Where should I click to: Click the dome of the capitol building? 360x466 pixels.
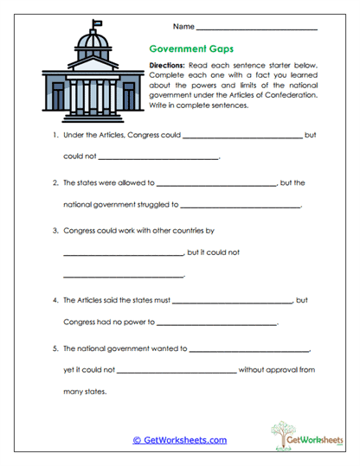90,41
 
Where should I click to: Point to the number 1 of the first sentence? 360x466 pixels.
55,135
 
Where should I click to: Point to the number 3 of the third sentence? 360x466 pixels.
55,231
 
